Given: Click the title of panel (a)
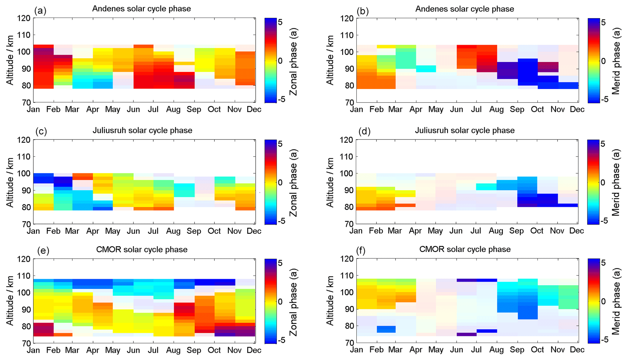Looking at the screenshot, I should tap(141, 9).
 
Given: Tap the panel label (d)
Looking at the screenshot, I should tap(364, 131).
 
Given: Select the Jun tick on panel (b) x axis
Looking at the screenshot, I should tap(457, 109).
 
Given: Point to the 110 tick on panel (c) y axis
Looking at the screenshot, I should tap(25, 157).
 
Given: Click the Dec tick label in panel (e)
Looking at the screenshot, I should tap(254, 350).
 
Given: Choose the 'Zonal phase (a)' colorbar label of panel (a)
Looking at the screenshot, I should tap(294, 62).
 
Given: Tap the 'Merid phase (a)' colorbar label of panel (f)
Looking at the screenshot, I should tap(616, 302).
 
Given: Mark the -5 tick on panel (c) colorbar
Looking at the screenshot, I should tap(282, 221).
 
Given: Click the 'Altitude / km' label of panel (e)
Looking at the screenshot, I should tap(10, 301).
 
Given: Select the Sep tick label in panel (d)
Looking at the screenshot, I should tap(517, 231).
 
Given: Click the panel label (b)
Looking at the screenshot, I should tap(362, 11).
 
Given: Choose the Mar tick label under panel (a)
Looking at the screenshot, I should tap(72, 109).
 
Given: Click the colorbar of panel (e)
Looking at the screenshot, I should tap(270, 301).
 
